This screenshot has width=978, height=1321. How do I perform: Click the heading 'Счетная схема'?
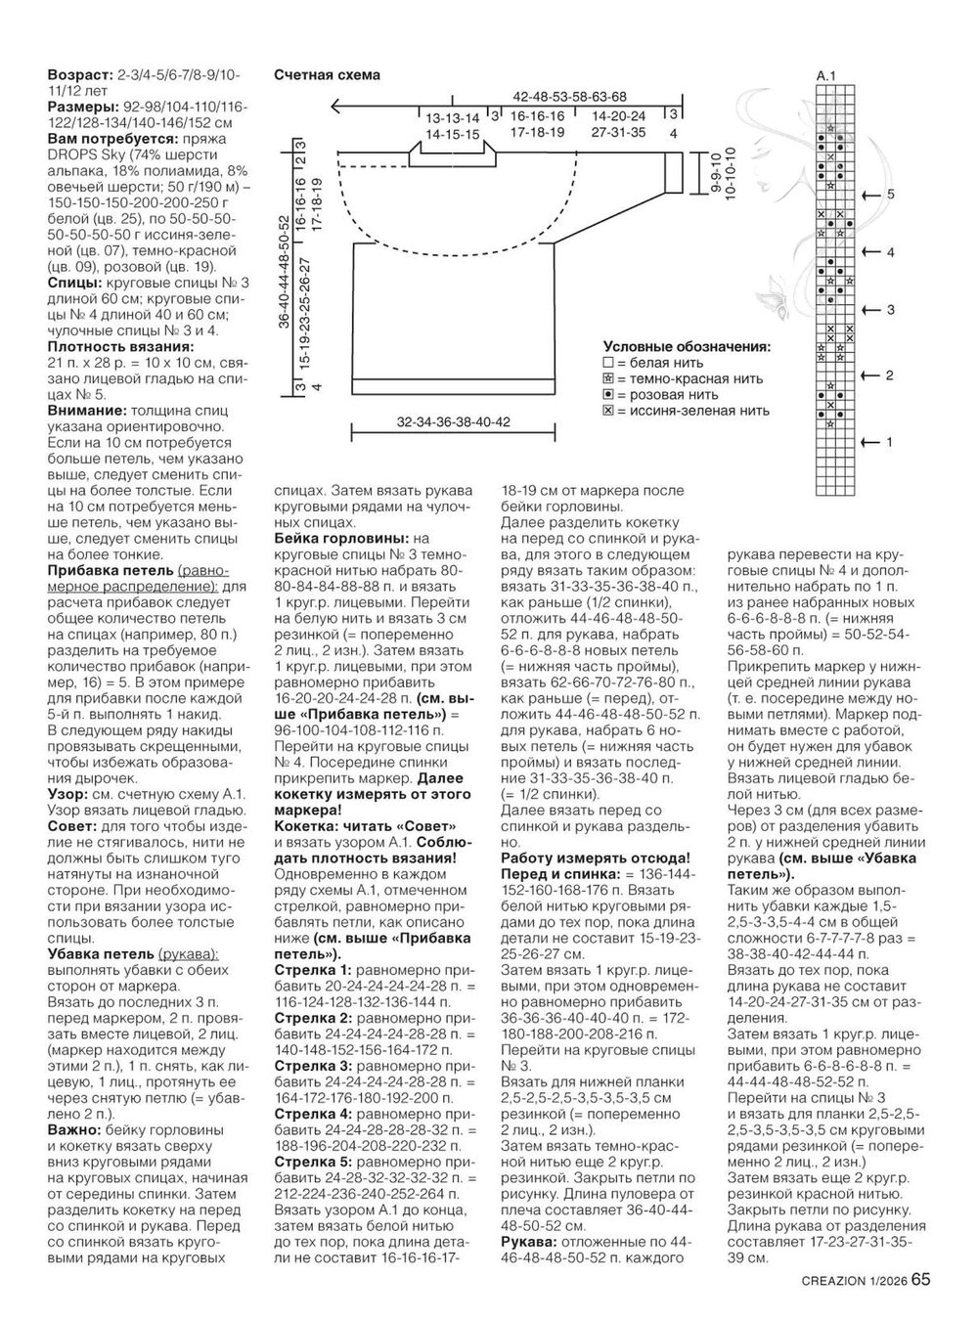coord(327,75)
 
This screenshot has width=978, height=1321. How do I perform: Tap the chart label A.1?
coord(826,75)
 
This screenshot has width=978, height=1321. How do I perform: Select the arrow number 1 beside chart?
coord(890,443)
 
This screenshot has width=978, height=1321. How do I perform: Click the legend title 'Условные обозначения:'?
coord(686,346)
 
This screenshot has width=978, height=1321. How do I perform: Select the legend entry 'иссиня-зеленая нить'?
coord(690,411)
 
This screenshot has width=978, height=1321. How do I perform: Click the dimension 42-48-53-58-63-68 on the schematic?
coord(568,96)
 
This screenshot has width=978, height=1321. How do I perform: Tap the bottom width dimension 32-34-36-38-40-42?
coord(455,422)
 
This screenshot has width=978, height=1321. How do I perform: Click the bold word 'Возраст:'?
coord(80,75)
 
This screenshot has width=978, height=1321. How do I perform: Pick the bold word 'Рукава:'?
coord(528,1241)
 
